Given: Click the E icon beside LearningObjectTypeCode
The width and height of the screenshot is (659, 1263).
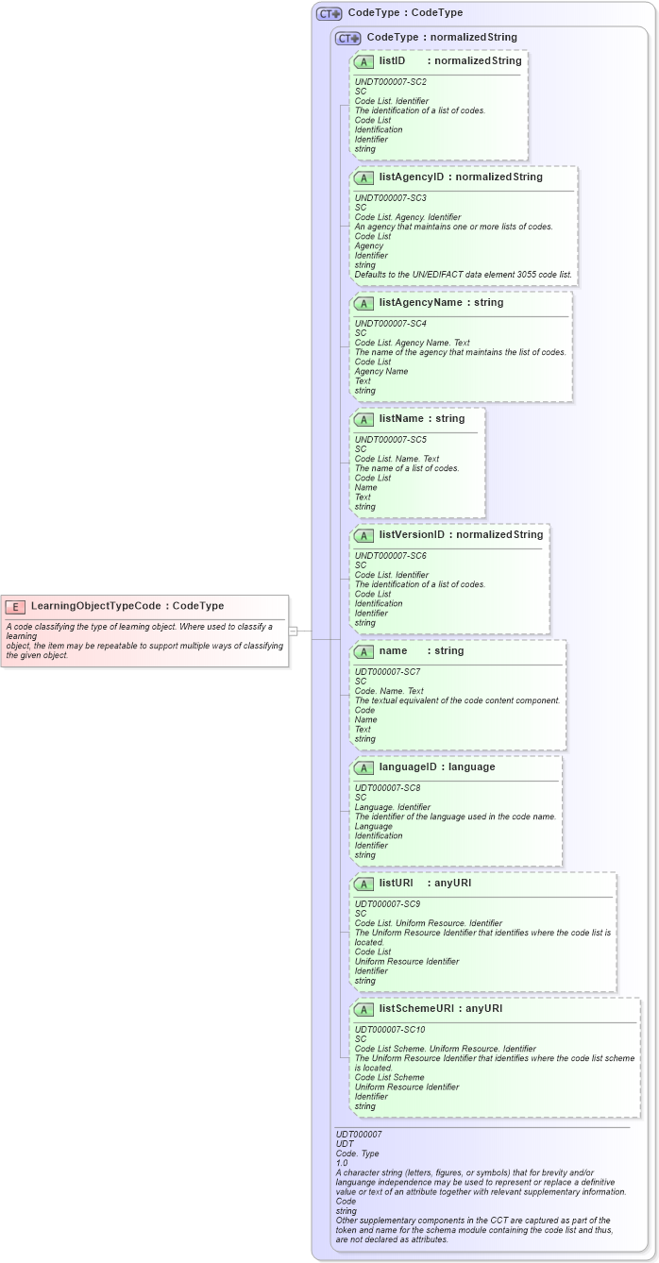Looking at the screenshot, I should click(15, 606).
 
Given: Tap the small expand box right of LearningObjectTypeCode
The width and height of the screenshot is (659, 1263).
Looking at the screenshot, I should click(294, 630).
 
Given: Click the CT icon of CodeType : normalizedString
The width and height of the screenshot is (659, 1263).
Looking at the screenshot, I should click(348, 38).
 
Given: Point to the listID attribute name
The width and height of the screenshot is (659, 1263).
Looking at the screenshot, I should click(392, 60).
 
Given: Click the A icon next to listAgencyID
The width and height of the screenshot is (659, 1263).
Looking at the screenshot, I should click(363, 177).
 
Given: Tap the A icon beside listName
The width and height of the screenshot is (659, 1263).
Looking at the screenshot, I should click(363, 419).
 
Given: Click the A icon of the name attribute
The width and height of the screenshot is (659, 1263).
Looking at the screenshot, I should click(363, 651).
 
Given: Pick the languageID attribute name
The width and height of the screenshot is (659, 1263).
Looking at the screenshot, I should click(411, 767).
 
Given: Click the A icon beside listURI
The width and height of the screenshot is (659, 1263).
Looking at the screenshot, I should click(363, 884).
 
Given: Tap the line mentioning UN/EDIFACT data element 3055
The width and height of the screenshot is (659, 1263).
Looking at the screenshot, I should click(463, 275).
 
